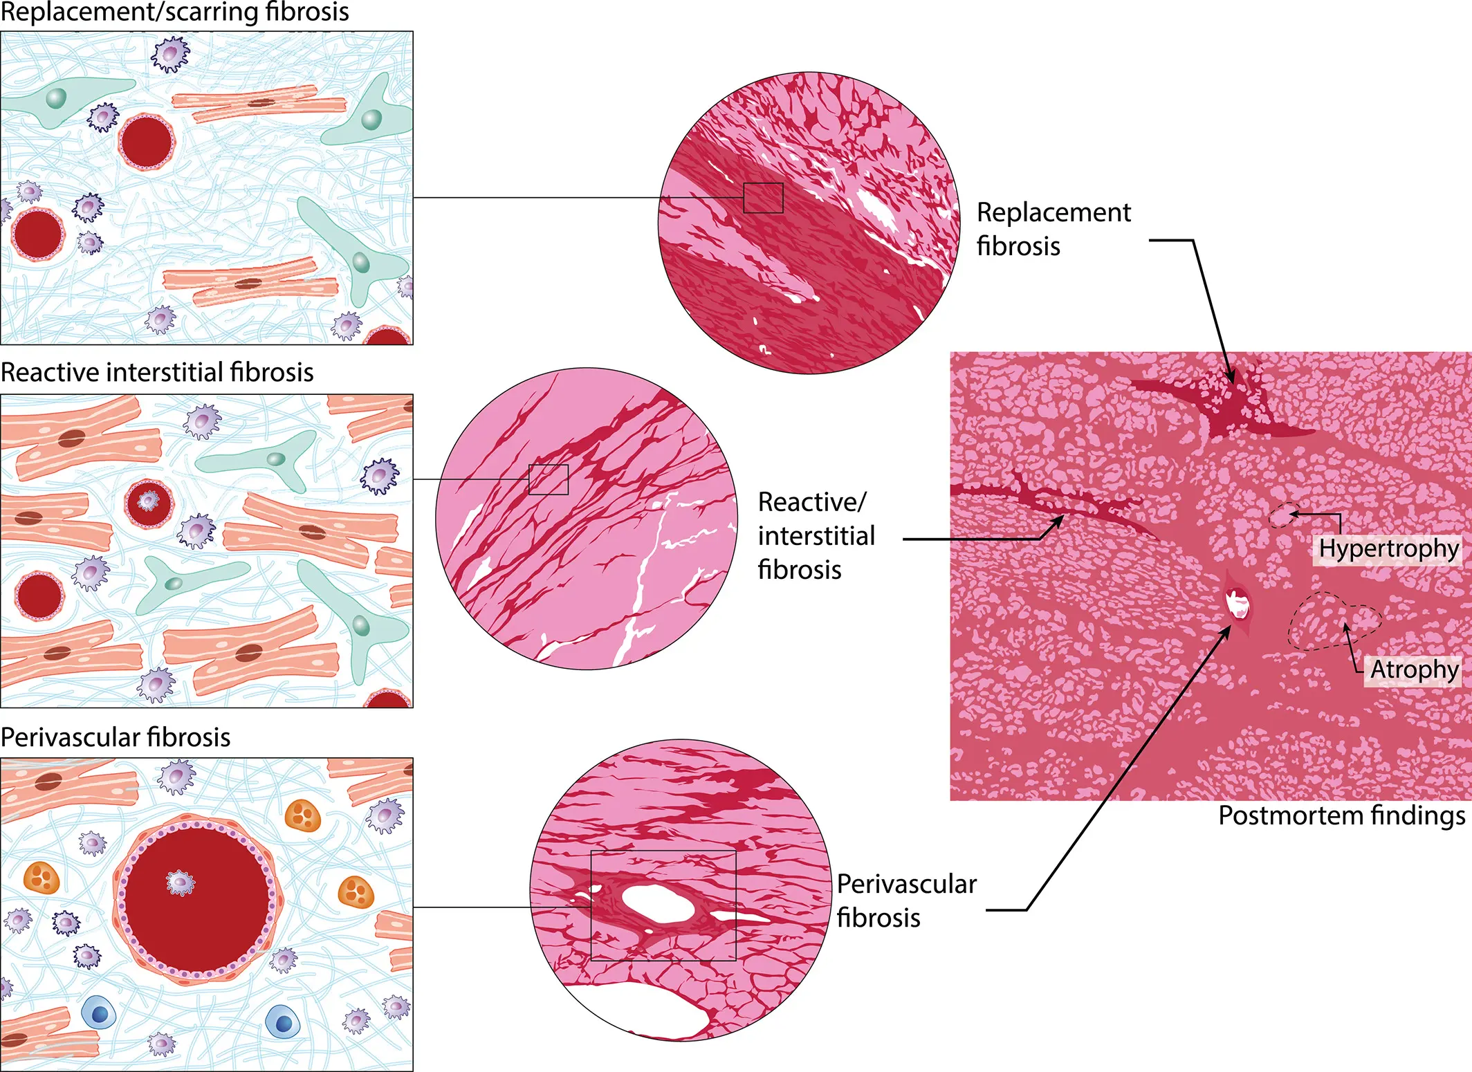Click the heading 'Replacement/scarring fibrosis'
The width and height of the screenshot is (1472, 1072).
click(x=174, y=12)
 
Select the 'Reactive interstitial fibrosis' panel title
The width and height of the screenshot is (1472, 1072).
click(x=157, y=372)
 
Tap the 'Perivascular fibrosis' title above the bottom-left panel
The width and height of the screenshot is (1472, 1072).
click(x=116, y=737)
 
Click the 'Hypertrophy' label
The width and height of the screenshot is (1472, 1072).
click(x=1388, y=549)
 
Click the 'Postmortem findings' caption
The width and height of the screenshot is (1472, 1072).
click(x=1341, y=815)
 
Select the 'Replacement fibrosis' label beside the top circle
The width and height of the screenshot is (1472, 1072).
click(x=1054, y=229)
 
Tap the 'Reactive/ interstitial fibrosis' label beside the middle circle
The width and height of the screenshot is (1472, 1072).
click(x=816, y=535)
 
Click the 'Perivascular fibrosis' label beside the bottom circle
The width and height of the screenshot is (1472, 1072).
click(x=906, y=900)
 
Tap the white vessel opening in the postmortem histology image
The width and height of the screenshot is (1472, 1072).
click(x=1237, y=603)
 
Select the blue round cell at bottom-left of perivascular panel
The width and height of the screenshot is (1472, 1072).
click(x=99, y=1014)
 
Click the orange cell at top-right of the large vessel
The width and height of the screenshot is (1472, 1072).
click(x=303, y=816)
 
